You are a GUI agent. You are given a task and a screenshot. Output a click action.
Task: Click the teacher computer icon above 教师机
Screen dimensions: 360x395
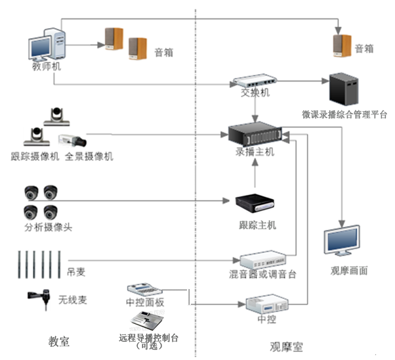[47, 42]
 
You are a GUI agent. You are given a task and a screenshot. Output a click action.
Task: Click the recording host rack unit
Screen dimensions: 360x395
[255, 134]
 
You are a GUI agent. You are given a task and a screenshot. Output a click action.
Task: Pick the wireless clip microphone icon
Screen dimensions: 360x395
[40, 300]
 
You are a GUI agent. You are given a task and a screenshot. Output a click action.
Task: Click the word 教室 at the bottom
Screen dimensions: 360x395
[59, 342]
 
